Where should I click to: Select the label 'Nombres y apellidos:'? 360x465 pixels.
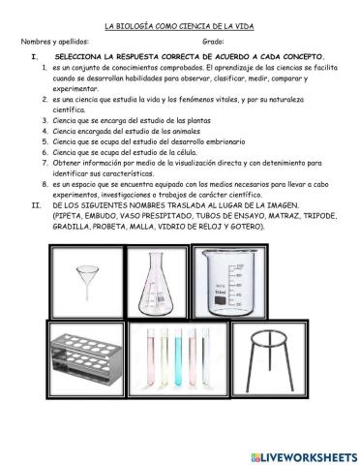[x=55, y=43]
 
